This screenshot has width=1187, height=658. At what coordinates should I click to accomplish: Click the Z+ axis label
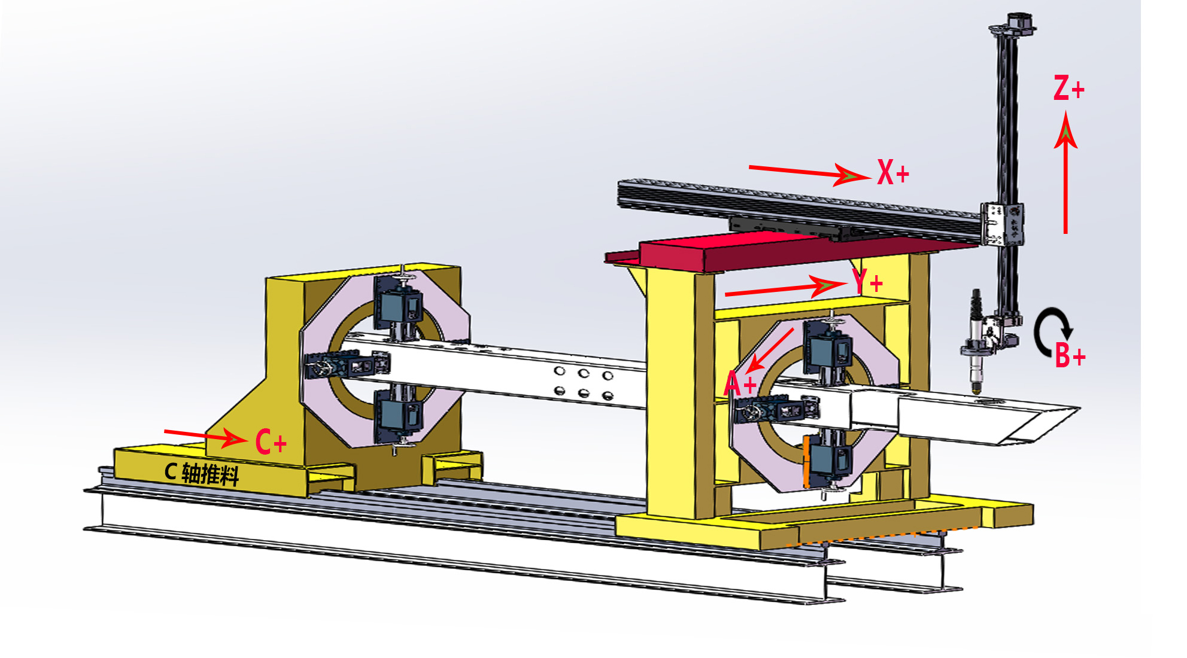(x=1068, y=88)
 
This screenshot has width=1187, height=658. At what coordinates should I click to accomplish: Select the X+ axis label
(x=893, y=172)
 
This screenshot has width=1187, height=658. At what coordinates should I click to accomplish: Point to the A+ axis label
(x=740, y=383)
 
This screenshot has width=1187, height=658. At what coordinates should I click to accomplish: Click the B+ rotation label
(x=1070, y=355)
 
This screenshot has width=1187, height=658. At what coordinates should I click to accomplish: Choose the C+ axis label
(x=271, y=443)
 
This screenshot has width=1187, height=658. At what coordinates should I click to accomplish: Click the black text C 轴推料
(x=202, y=474)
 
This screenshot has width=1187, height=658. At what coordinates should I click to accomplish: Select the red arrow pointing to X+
(x=809, y=173)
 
